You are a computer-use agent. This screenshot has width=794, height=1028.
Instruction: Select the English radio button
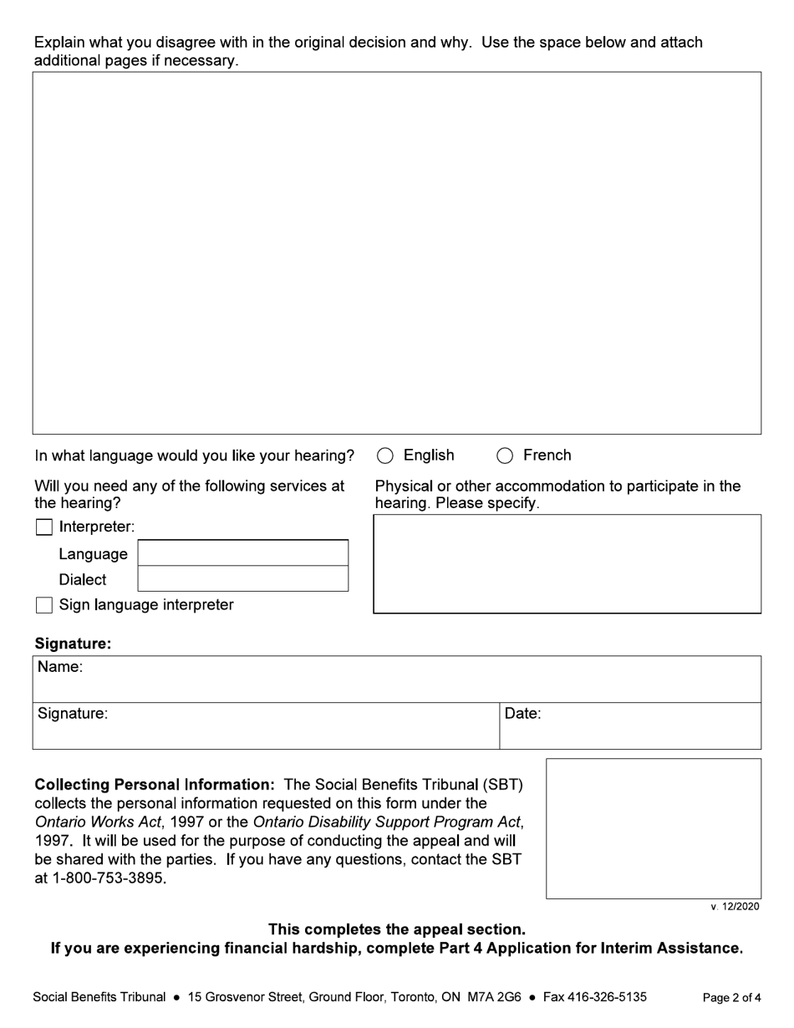pyautogui.click(x=385, y=455)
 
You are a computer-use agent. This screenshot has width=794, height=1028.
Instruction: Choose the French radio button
pyautogui.click(x=505, y=455)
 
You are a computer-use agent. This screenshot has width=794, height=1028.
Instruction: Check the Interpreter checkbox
pyautogui.click(x=44, y=527)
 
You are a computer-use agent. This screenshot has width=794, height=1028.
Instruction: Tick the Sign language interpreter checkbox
pyautogui.click(x=44, y=605)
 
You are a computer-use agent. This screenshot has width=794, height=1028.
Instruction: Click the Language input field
pyautogui.click(x=242, y=553)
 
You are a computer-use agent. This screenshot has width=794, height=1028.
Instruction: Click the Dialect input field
pyautogui.click(x=242, y=578)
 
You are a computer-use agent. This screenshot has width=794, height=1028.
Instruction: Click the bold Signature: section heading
pyautogui.click(x=73, y=644)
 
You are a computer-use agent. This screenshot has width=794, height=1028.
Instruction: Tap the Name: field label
pyautogui.click(x=60, y=667)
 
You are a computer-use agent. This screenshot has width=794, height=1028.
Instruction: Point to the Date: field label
pyautogui.click(x=523, y=714)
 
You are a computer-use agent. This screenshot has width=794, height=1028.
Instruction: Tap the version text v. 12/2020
pyautogui.click(x=735, y=907)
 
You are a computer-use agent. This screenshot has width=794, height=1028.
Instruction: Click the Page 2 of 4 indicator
pyautogui.click(x=731, y=997)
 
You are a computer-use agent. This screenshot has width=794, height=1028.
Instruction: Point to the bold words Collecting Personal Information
pyautogui.click(x=155, y=785)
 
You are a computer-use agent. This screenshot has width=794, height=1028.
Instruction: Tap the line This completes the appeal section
pyautogui.click(x=397, y=929)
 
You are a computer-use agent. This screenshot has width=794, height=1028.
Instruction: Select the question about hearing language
pyautogui.click(x=195, y=455)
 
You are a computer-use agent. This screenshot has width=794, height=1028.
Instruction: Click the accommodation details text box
pyautogui.click(x=567, y=564)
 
